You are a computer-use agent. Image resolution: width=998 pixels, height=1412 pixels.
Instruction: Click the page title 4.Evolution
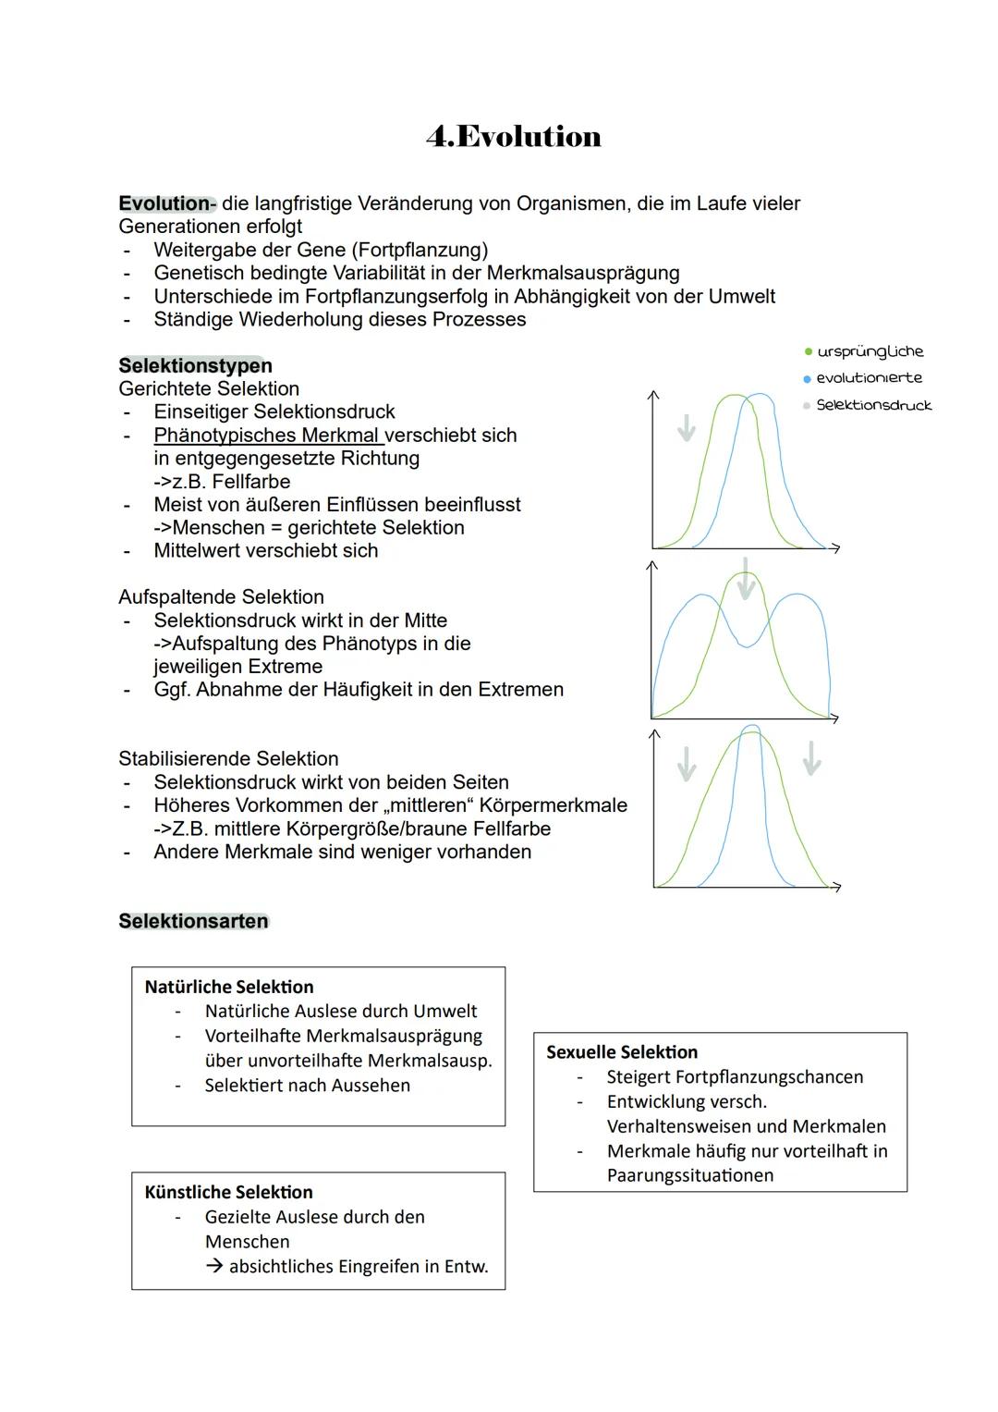(x=514, y=137)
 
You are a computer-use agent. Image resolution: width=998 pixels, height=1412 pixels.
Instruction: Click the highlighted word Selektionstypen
(x=195, y=365)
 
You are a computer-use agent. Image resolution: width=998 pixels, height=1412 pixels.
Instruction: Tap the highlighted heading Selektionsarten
(x=193, y=921)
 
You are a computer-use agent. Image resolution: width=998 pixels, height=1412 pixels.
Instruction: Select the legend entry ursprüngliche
(x=870, y=351)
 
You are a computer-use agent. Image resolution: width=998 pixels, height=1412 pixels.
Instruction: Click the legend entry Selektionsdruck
(x=873, y=405)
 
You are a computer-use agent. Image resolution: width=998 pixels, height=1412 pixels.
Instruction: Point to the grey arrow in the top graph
(x=686, y=427)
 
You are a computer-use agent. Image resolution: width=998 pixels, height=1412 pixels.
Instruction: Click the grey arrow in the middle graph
(x=746, y=578)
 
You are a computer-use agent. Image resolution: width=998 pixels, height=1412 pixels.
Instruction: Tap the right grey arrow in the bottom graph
(x=811, y=758)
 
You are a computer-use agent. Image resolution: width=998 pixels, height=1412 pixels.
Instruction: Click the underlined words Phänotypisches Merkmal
(x=267, y=436)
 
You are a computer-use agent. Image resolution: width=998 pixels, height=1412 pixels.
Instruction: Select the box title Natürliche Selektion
(x=229, y=987)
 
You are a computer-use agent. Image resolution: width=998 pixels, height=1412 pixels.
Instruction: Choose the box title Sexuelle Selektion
(x=622, y=1052)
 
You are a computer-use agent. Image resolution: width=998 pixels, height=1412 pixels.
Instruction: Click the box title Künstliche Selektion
(x=228, y=1192)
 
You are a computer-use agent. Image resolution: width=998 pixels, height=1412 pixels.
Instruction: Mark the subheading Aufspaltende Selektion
(x=221, y=597)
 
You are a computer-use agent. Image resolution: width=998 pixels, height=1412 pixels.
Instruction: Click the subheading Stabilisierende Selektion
(x=228, y=759)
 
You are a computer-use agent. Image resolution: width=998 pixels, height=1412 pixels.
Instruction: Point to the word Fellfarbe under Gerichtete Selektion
(x=250, y=482)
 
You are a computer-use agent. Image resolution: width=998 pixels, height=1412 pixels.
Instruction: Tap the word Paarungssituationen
(x=689, y=1175)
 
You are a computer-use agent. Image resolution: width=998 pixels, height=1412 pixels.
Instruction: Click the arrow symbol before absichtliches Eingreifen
(x=214, y=1267)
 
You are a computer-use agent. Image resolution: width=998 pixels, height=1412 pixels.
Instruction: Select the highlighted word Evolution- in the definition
(x=166, y=203)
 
